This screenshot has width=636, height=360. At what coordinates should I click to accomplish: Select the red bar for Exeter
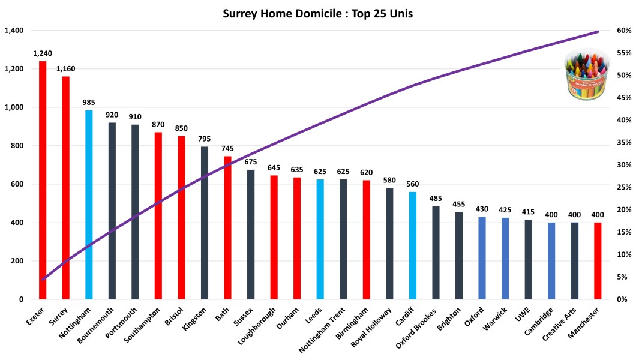43,180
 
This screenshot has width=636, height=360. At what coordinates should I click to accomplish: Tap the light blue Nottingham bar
89,204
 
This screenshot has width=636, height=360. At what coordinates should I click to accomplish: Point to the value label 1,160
66,68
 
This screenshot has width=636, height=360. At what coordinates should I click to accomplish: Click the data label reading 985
89,102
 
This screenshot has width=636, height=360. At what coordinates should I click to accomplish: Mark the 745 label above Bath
227,148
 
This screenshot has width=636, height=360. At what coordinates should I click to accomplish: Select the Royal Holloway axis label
373,328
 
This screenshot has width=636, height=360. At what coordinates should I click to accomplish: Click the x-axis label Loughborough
257,328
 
